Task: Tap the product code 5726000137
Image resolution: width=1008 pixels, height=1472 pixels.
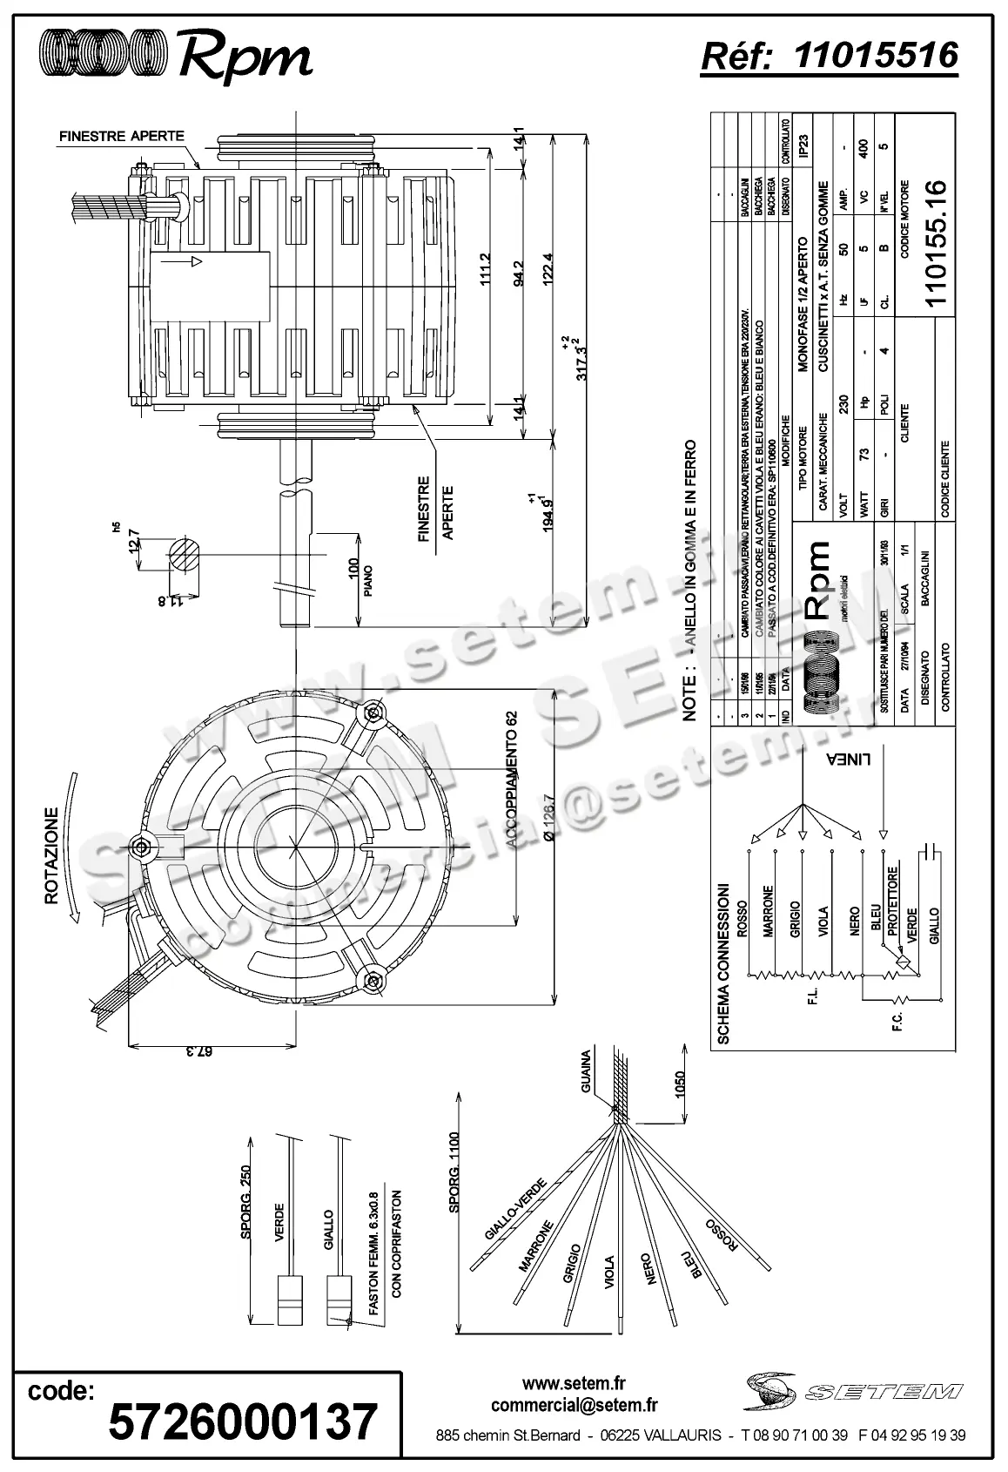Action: coord(243,1421)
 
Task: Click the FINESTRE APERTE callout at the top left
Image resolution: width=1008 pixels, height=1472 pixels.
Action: coord(121,136)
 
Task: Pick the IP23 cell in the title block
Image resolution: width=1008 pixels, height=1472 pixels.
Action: coord(804,145)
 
